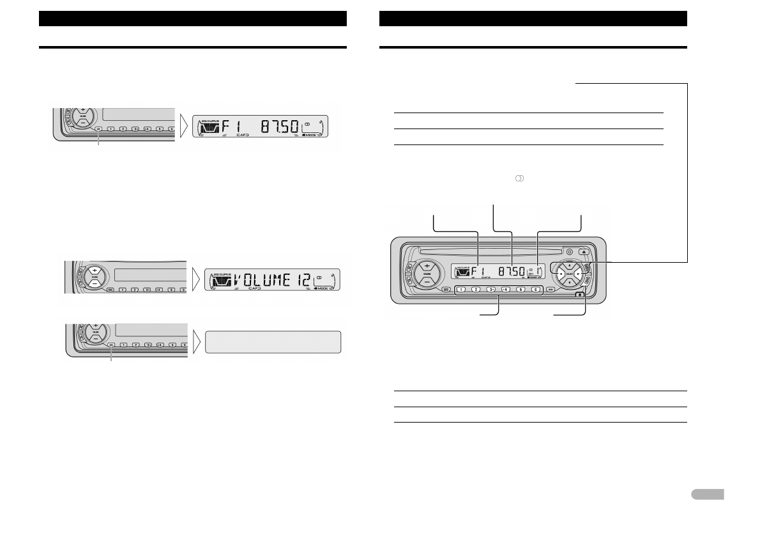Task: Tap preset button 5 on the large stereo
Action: (x=521, y=289)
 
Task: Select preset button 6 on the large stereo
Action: (x=535, y=289)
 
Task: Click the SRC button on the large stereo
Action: (x=445, y=289)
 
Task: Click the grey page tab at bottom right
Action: (x=707, y=494)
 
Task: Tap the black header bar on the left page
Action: (x=192, y=18)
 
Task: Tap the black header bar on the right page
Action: (x=533, y=18)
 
